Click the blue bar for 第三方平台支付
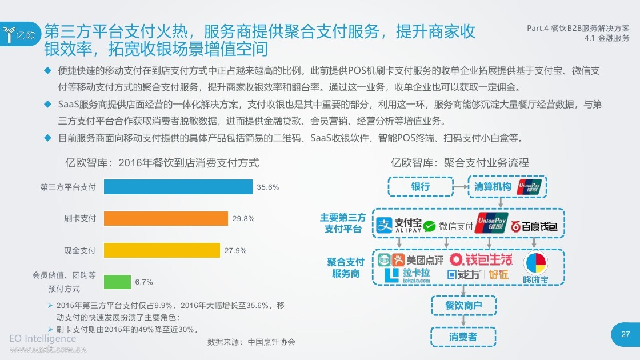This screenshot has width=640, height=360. [x=178, y=187]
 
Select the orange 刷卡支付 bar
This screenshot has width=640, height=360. [x=166, y=218]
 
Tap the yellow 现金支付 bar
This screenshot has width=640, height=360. [x=162, y=250]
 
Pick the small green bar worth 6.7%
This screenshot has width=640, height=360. [x=117, y=282]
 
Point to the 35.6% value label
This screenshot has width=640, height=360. [x=268, y=187]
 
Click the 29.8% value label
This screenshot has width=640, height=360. [x=243, y=219]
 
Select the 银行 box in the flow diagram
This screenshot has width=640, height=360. [x=421, y=186]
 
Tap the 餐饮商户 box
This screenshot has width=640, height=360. [x=463, y=305]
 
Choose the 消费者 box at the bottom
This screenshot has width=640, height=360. [x=463, y=337]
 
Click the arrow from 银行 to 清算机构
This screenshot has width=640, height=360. [x=461, y=186]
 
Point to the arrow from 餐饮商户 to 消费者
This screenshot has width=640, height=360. [x=463, y=321]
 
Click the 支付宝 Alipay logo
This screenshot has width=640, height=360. [x=399, y=225]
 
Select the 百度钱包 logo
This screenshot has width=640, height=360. [x=534, y=226]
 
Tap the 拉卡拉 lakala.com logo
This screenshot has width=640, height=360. [x=407, y=275]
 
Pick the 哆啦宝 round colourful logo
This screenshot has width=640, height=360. [x=535, y=268]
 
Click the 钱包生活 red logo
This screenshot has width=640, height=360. [x=481, y=259]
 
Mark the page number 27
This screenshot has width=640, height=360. [x=625, y=334]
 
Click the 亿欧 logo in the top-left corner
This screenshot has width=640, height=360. [x=19, y=34]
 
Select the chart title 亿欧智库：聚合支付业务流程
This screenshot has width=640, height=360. [x=459, y=163]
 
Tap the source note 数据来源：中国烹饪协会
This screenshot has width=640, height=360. [x=251, y=342]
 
